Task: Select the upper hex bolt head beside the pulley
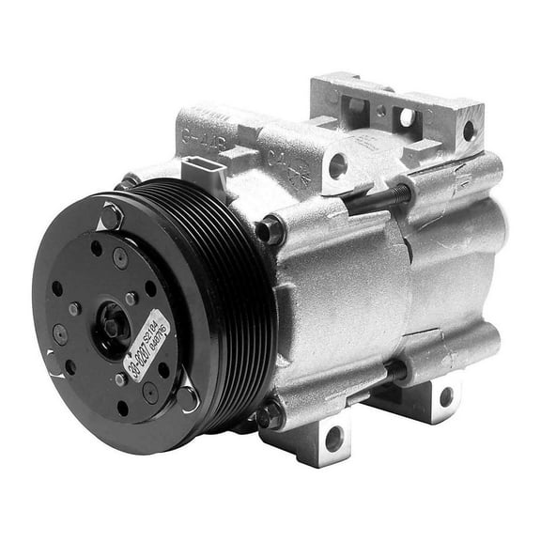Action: (272, 228)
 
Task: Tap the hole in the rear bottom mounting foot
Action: (444, 397)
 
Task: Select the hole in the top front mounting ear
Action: (337, 166)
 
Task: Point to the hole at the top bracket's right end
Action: (469, 131)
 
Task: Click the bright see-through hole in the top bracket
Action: (407, 118)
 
